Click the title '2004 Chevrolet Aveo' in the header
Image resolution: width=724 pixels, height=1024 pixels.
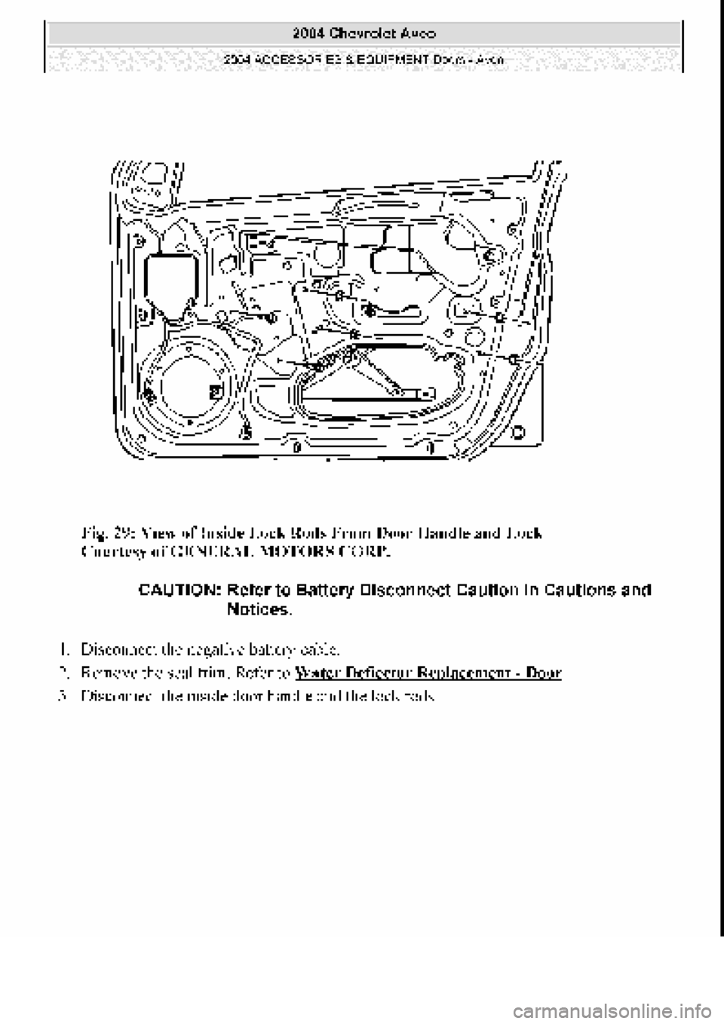(x=363, y=33)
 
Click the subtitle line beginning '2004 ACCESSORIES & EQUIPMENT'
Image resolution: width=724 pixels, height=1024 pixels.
(x=363, y=58)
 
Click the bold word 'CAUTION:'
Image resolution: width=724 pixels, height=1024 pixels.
(x=179, y=590)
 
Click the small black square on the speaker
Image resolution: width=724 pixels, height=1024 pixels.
(x=215, y=391)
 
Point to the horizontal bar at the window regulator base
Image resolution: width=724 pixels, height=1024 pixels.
(x=373, y=394)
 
